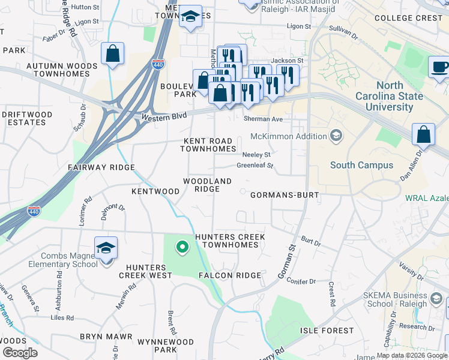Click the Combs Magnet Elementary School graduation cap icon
point(106,248)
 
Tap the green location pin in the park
point(182,247)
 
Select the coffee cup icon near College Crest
point(439,67)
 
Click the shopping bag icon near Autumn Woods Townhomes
point(112,53)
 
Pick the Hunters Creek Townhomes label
point(229,241)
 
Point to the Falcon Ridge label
point(235,275)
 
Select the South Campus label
point(361,165)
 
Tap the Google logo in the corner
point(19,352)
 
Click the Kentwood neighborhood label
point(155,191)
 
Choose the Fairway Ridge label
point(101,167)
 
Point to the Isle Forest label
point(327,331)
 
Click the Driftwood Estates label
point(23,118)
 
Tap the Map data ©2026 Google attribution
point(412,355)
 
